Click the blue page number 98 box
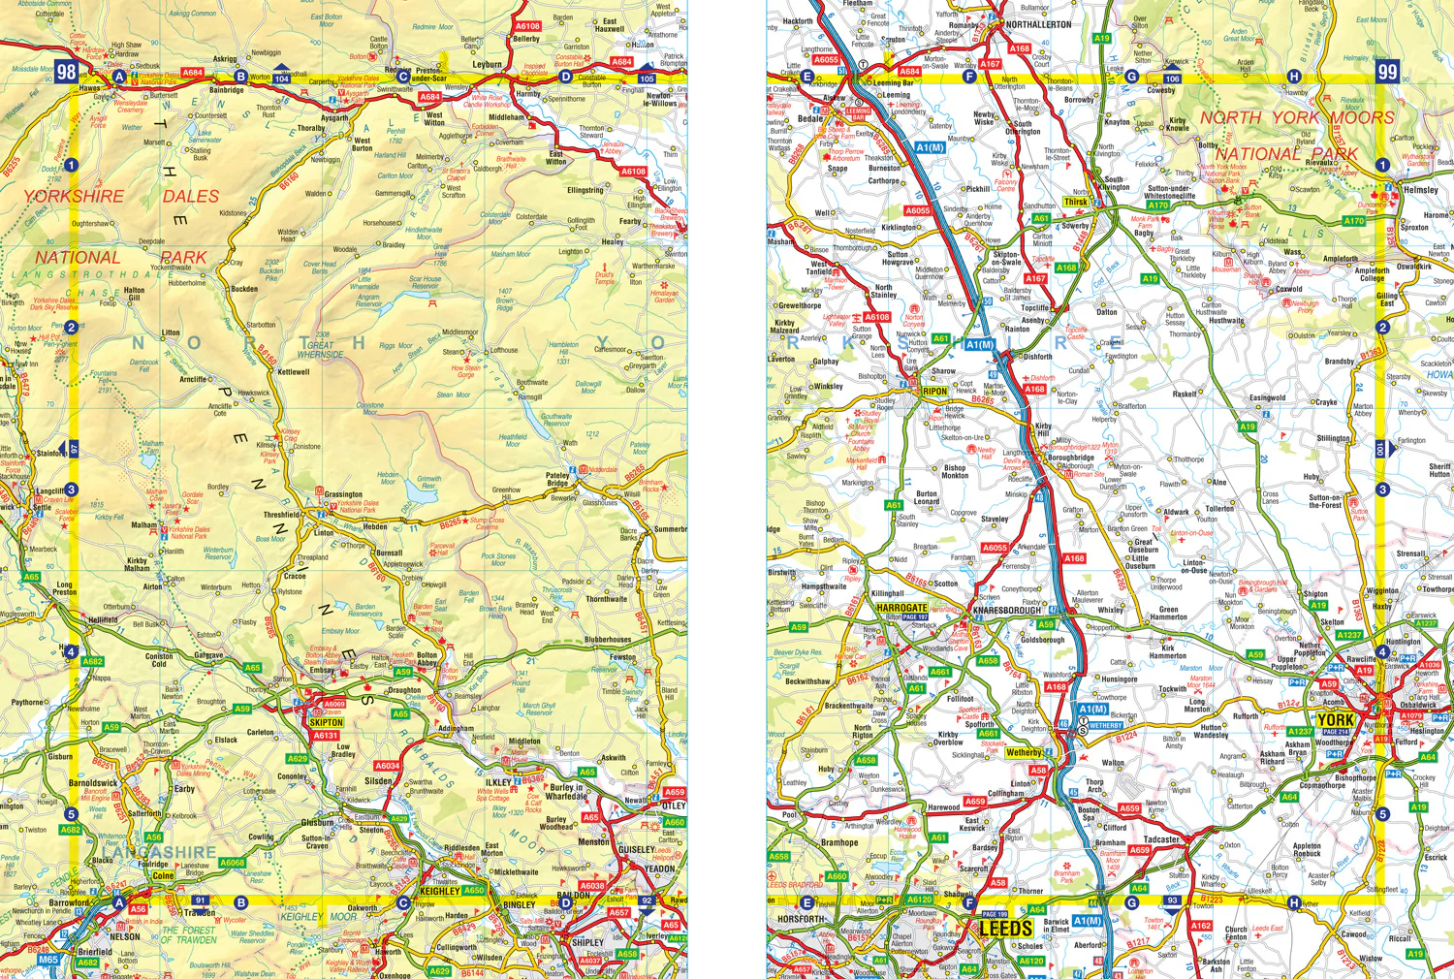(x=66, y=71)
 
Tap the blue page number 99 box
(x=1387, y=71)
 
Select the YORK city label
(x=1335, y=720)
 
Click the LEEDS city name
(x=1005, y=929)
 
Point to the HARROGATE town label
(x=901, y=608)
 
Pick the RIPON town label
(x=934, y=392)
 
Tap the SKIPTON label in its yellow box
(x=326, y=722)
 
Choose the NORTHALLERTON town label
(x=1038, y=24)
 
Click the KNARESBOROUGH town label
(x=1006, y=611)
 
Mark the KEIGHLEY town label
(x=440, y=891)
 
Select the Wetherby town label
(x=1024, y=752)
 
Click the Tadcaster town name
(x=1161, y=839)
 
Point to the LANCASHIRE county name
(x=161, y=852)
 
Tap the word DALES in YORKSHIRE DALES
(x=191, y=196)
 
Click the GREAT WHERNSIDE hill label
(x=320, y=349)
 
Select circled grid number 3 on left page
(x=71, y=489)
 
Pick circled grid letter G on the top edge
(x=1131, y=77)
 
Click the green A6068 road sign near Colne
(x=232, y=863)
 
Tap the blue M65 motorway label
(x=47, y=960)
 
